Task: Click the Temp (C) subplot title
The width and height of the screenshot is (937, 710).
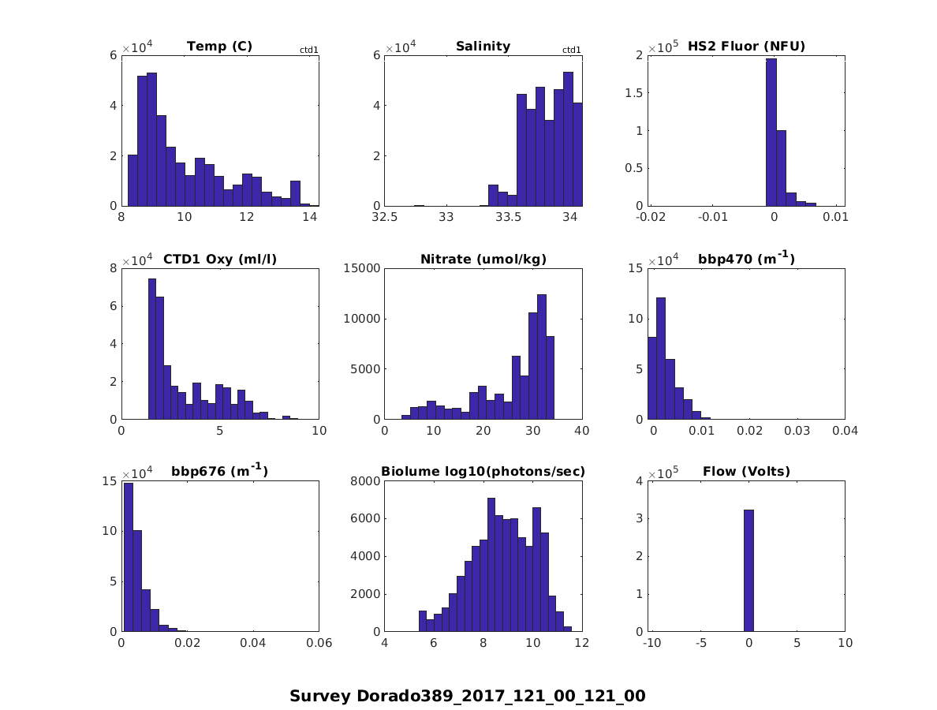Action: click(x=219, y=46)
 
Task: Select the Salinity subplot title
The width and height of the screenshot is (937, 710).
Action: click(x=483, y=46)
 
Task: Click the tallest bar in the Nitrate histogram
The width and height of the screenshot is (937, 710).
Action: click(x=542, y=357)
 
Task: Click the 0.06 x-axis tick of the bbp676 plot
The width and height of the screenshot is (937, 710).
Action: click(x=319, y=644)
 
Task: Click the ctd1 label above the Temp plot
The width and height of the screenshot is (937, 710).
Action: click(x=308, y=50)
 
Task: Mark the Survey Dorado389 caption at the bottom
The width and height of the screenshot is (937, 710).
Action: click(x=468, y=696)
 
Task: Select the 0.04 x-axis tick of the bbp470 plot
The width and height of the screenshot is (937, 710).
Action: click(x=845, y=431)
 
